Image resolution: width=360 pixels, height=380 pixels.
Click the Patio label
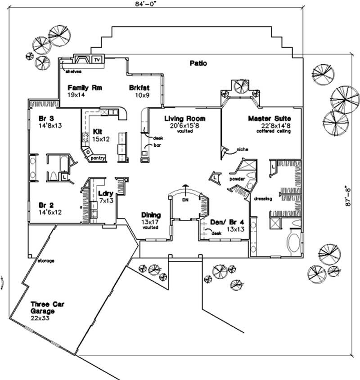(198, 63)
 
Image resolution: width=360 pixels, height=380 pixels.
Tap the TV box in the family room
(97, 60)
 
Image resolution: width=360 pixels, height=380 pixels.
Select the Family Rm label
(85, 88)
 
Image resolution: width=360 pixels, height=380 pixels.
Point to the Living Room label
(184, 119)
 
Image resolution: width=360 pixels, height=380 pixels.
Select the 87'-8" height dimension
(348, 197)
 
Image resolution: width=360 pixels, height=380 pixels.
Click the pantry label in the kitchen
(98, 158)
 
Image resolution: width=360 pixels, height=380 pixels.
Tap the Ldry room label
(105, 194)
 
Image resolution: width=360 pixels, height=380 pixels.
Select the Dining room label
(151, 215)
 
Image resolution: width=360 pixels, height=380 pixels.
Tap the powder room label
(237, 179)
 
